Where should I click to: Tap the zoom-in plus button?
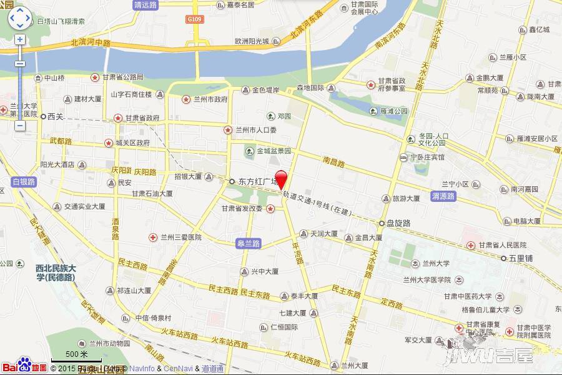(x=19, y=39)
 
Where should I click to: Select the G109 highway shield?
(x=195, y=20)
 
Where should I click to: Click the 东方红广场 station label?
(x=253, y=182)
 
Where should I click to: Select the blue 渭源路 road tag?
(x=443, y=196)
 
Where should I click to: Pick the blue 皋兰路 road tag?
(x=248, y=244)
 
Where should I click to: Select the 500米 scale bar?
(x=75, y=357)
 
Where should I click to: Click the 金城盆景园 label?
(x=271, y=151)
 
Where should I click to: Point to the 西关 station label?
(x=52, y=116)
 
